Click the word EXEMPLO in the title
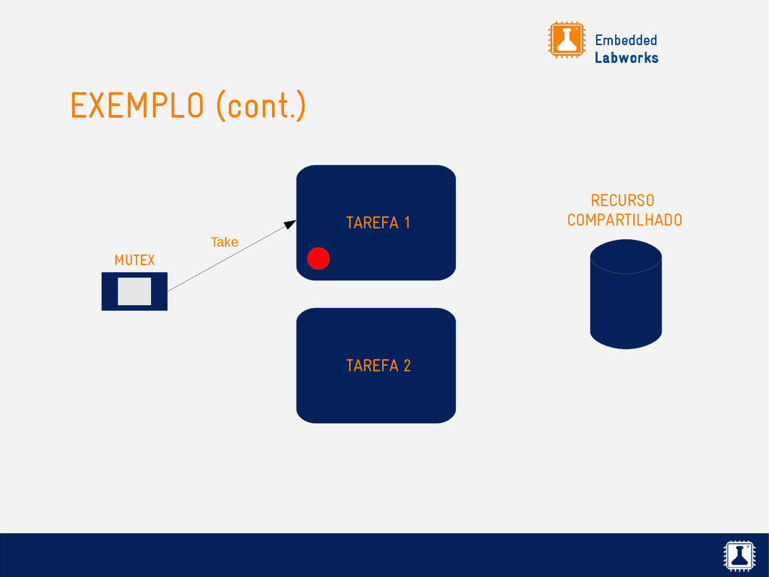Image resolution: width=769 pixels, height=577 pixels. (137, 106)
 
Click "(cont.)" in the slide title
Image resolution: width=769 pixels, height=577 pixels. (261, 106)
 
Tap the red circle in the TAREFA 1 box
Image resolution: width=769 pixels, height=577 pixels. (318, 258)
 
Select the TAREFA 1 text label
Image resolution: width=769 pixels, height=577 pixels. (378, 222)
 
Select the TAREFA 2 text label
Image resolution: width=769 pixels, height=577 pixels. (378, 366)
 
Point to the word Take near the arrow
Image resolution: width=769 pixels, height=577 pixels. (224, 242)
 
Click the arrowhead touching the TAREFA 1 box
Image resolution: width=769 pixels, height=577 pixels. (290, 224)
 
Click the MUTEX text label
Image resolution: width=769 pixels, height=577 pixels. (134, 260)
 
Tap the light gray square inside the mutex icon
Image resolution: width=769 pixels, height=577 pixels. (134, 292)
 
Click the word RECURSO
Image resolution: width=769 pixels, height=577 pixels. (623, 201)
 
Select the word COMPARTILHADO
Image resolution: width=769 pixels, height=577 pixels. (625, 220)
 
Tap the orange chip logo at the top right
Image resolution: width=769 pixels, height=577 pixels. (566, 40)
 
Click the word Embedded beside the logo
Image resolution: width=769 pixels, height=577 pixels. (626, 40)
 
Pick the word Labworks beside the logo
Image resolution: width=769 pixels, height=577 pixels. (626, 58)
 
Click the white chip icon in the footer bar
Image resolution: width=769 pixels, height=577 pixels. (738, 554)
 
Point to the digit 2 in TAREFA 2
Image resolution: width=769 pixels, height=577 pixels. (407, 366)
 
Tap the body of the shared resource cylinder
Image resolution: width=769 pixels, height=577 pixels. (626, 308)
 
